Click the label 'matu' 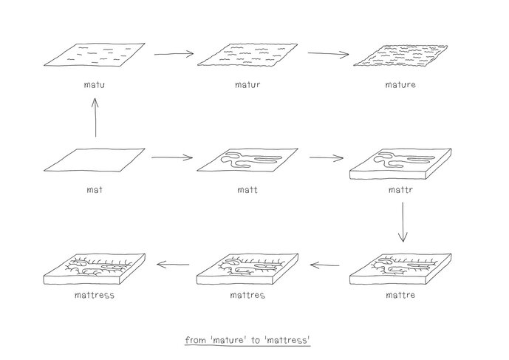94,85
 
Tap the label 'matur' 247,85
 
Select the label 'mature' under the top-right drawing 400,85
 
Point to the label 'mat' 94,189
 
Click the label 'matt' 247,189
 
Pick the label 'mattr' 400,189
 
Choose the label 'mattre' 400,296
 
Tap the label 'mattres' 247,296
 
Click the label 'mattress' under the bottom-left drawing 94,296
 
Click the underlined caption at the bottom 247,340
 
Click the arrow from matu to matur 174,54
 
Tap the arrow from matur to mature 328,54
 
